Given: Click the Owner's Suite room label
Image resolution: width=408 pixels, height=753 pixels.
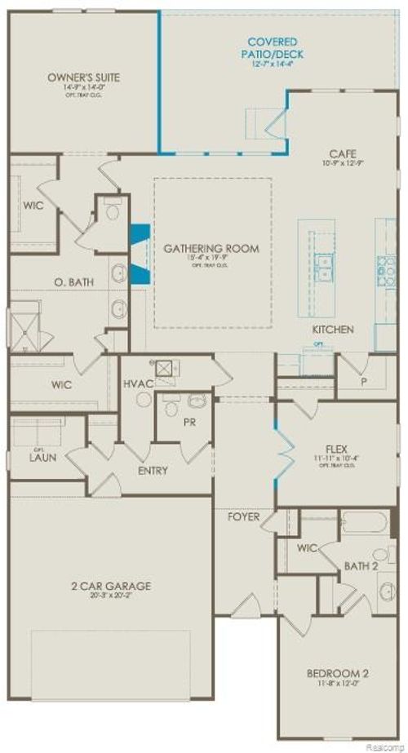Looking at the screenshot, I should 83,78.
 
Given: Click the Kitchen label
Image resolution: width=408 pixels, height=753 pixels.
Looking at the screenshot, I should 333,330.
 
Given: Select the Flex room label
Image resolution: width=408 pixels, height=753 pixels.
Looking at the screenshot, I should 337,448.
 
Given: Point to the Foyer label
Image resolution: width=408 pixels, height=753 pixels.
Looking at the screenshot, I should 243,517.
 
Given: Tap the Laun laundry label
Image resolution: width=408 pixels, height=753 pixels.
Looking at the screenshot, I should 42,458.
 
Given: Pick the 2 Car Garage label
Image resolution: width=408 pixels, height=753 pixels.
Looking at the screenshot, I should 110,586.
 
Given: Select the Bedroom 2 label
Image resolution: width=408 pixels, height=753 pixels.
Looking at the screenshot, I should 338,673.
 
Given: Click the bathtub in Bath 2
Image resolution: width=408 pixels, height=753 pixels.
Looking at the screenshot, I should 365,521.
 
